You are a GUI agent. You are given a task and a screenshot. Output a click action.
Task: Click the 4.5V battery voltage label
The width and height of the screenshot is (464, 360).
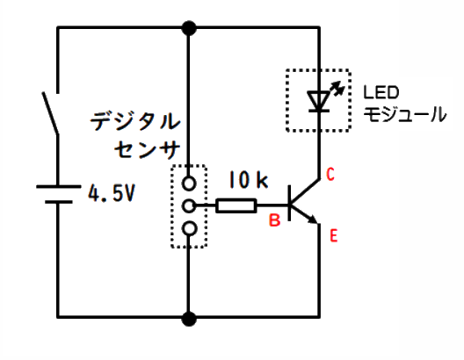point(112,193)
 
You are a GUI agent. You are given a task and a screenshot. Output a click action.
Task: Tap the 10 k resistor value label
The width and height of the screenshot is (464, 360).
point(249,179)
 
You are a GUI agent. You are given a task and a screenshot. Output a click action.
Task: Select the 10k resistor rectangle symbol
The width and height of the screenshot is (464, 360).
point(236,205)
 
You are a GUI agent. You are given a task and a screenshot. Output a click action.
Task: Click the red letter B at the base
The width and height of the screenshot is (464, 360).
point(274,220)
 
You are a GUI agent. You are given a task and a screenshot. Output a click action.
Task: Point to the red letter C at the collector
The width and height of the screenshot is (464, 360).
point(330,174)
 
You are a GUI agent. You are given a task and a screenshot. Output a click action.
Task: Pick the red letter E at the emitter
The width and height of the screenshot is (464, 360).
point(334,236)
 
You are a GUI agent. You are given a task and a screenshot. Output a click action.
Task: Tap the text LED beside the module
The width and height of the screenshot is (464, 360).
point(381,92)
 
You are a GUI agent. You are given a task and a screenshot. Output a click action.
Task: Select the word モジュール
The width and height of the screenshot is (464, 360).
point(404,114)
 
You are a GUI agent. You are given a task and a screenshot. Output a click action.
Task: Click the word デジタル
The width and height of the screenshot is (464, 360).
point(135,121)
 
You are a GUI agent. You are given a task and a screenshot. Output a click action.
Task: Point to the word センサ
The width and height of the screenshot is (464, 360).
point(147,149)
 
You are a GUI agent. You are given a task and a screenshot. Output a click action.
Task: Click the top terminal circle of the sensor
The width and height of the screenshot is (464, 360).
point(188,183)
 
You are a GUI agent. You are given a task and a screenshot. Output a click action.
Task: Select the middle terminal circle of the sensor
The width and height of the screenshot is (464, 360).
point(188,205)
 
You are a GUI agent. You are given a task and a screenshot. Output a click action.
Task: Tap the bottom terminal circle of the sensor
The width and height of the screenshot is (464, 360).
point(188,228)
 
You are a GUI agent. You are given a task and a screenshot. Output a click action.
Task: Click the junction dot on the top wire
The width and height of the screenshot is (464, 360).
point(189,28)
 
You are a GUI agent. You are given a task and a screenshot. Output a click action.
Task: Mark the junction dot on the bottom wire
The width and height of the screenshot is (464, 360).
point(189,319)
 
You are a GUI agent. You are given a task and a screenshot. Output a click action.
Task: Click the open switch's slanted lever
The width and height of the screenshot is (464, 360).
point(50,114)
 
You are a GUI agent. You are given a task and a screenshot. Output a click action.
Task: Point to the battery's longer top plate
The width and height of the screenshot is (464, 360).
point(58,186)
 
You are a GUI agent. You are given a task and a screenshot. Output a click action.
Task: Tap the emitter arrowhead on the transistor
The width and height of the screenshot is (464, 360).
point(312,219)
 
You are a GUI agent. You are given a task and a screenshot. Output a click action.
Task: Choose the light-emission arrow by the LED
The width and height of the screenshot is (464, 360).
point(337,89)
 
